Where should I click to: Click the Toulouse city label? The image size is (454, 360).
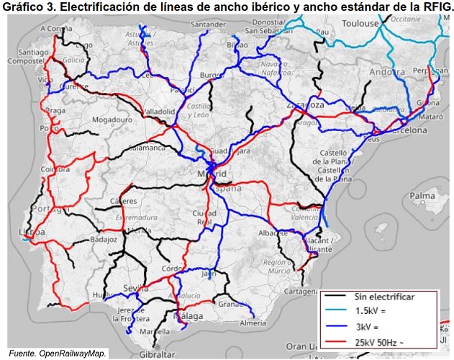point(360,23)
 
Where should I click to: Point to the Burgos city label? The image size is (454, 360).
point(212,74)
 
